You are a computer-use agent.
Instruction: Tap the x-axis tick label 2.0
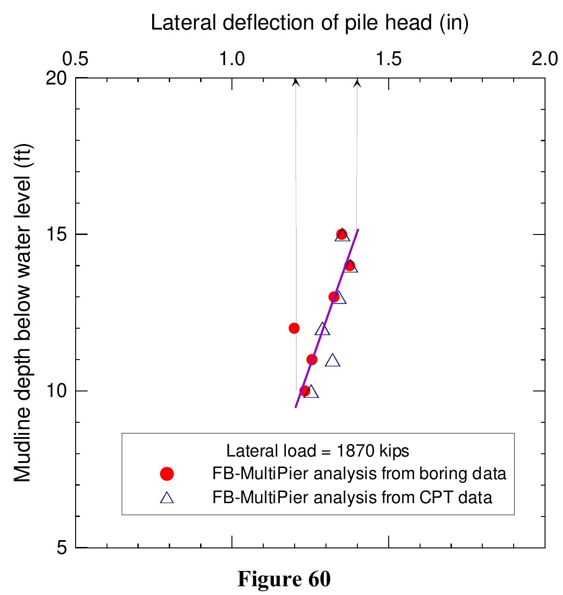click(x=544, y=59)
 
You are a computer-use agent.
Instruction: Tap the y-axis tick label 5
click(x=64, y=547)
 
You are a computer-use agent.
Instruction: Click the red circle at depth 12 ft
click(x=294, y=328)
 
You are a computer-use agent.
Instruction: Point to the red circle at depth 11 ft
click(x=312, y=360)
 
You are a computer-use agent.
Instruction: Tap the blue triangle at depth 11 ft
click(x=332, y=361)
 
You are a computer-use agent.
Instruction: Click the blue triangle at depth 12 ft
click(x=323, y=329)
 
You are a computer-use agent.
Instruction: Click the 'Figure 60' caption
click(x=284, y=579)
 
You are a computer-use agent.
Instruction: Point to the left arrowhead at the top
click(x=296, y=82)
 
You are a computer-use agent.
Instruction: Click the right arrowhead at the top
click(x=357, y=83)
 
